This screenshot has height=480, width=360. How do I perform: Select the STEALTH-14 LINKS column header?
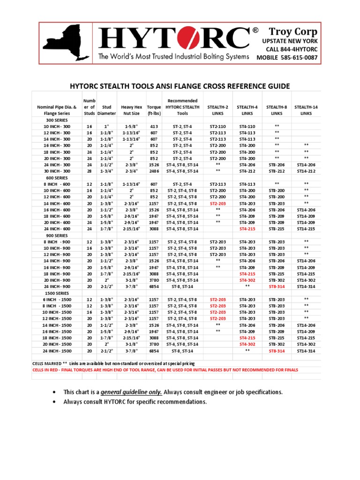coord(306,110)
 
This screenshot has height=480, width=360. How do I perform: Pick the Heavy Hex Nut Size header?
coord(132,110)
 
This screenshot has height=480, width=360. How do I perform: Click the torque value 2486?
coord(154,172)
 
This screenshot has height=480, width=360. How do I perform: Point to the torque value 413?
coord(154,127)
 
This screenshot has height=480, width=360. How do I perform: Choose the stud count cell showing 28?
coord(89,172)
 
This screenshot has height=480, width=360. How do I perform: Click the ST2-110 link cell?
coord(217,127)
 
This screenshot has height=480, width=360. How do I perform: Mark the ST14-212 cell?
coord(306,172)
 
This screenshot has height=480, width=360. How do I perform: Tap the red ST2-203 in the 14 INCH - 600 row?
coord(217,204)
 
